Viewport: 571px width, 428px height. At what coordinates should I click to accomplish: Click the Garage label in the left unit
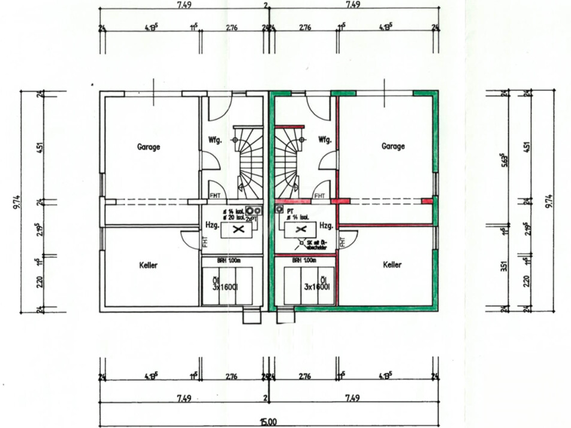(x=149, y=147)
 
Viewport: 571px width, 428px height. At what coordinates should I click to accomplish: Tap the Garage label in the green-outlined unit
(x=393, y=146)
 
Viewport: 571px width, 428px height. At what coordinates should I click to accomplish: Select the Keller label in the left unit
(x=149, y=265)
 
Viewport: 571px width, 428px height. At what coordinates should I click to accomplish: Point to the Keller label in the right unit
(x=392, y=265)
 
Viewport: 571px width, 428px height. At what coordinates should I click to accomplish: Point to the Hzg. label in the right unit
(x=326, y=226)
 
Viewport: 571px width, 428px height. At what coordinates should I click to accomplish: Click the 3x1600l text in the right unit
(x=315, y=286)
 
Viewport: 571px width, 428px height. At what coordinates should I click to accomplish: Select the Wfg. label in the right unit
(x=324, y=140)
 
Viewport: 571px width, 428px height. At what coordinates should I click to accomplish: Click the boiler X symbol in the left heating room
(x=237, y=230)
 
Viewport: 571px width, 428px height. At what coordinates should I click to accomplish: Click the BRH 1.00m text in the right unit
(x=304, y=260)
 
